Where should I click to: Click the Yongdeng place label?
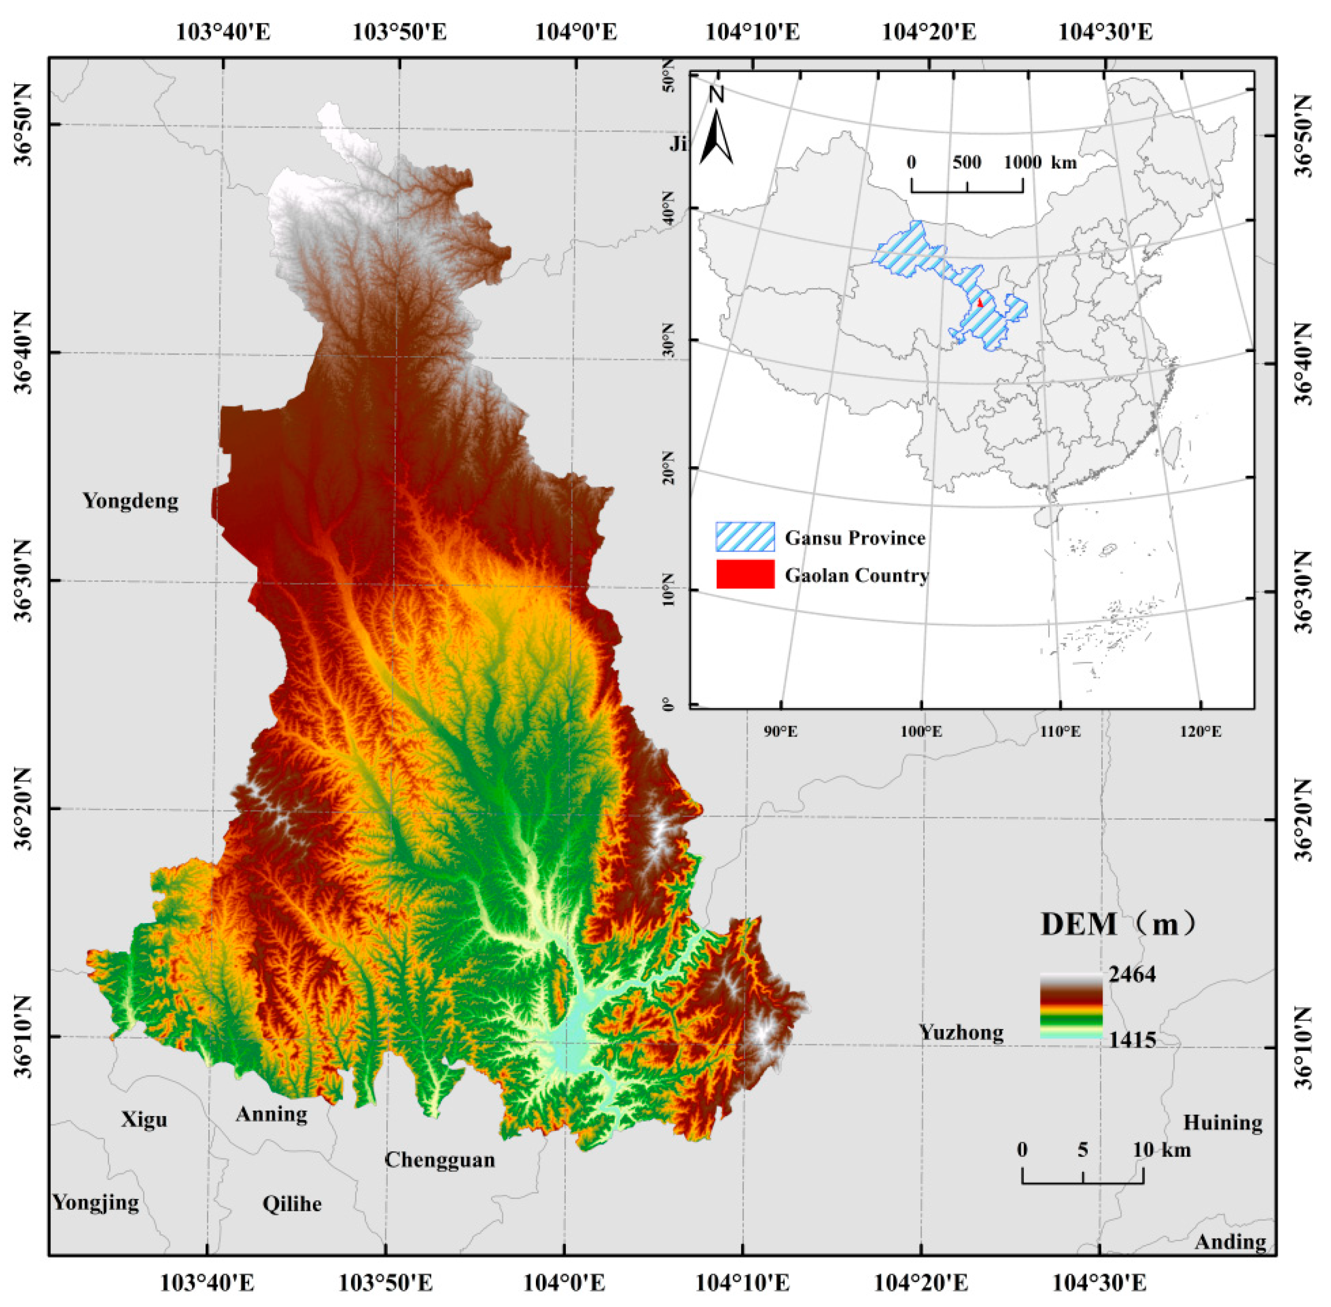tap(130, 501)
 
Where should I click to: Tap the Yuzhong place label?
tap(961, 1032)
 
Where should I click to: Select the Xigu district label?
tap(144, 1120)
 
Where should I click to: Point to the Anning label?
tap(271, 1114)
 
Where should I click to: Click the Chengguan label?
tap(439, 1159)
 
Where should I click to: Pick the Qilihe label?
tap(292, 1203)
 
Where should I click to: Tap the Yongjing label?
tap(96, 1202)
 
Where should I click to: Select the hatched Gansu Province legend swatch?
tap(745, 537)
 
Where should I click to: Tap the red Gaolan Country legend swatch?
tap(745, 574)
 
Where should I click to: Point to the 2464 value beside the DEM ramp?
tap(1132, 974)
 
